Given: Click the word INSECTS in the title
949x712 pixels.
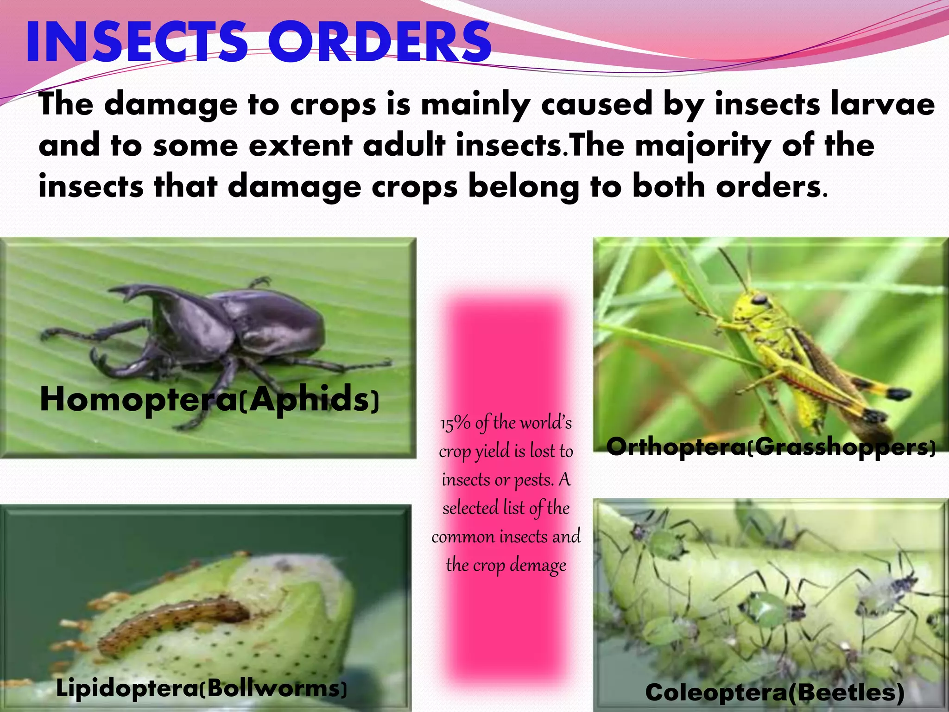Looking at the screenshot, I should [x=137, y=43].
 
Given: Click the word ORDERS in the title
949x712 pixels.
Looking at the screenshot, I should [x=379, y=43].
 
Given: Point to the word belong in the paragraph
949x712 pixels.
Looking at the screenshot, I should [x=524, y=187].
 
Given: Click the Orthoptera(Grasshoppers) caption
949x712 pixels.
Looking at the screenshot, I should [x=771, y=447].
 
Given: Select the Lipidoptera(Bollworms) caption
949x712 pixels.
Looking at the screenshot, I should [x=201, y=689].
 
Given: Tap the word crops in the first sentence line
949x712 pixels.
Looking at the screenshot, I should [x=333, y=104].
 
